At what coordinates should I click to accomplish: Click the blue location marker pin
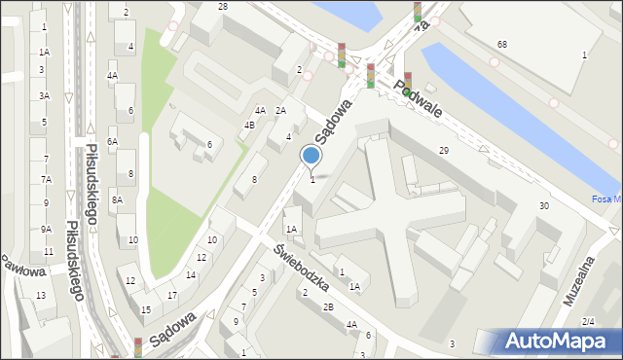(x=311, y=156)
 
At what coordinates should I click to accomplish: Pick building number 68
(x=501, y=45)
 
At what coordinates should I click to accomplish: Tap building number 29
(x=443, y=150)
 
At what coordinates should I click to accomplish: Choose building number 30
(x=544, y=206)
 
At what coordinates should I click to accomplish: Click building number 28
(x=223, y=7)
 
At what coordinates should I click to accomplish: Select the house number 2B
(x=329, y=307)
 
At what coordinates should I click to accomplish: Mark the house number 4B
(x=249, y=125)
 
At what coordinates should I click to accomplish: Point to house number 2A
(x=280, y=111)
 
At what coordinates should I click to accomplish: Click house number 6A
(x=112, y=142)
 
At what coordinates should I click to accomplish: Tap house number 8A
(x=117, y=199)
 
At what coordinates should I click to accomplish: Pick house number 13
(x=40, y=295)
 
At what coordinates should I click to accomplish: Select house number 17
(x=171, y=295)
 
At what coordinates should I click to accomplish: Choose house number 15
(x=146, y=309)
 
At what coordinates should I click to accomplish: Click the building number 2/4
(x=587, y=322)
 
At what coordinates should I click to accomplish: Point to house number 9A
(x=46, y=230)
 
